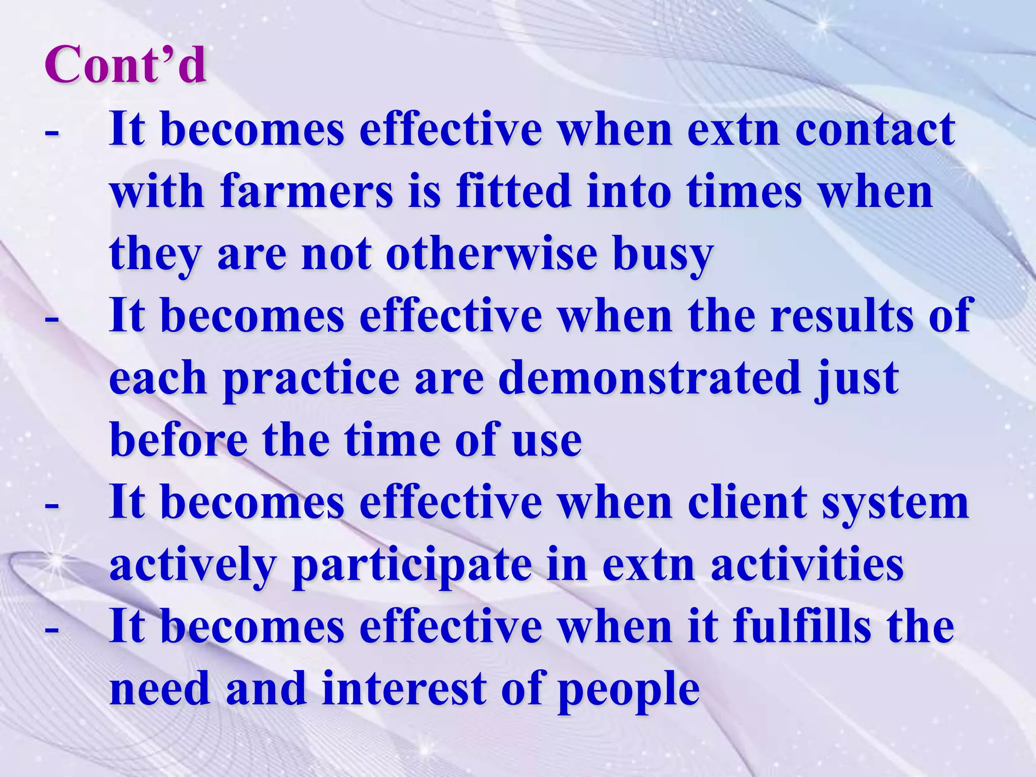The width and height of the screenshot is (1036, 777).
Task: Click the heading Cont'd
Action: [125, 65]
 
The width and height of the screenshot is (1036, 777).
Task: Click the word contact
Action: [875, 130]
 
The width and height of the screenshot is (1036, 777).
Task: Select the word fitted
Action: [513, 192]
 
